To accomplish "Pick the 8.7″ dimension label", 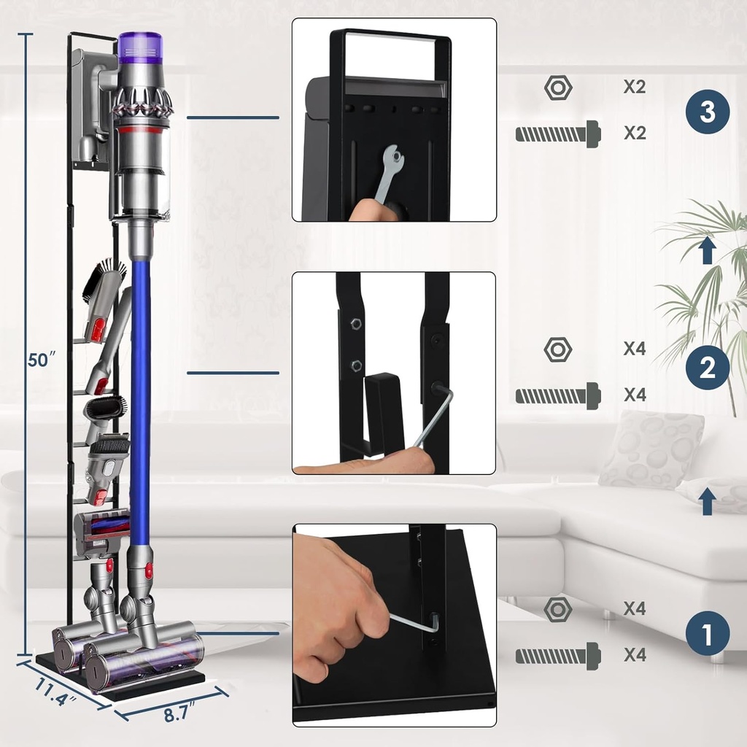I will point(178,714).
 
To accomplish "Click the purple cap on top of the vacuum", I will point(138,45).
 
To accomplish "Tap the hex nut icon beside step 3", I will point(558,88).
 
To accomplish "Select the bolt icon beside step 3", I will point(558,133).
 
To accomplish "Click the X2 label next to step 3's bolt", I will point(635,133).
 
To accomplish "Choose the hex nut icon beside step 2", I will point(558,349).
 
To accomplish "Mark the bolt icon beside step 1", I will point(558,656).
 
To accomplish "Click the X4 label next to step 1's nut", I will point(635,608).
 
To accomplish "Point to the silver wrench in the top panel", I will point(384,175).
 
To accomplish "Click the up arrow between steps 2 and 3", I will point(707,252).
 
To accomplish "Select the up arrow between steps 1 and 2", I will point(707,503).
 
